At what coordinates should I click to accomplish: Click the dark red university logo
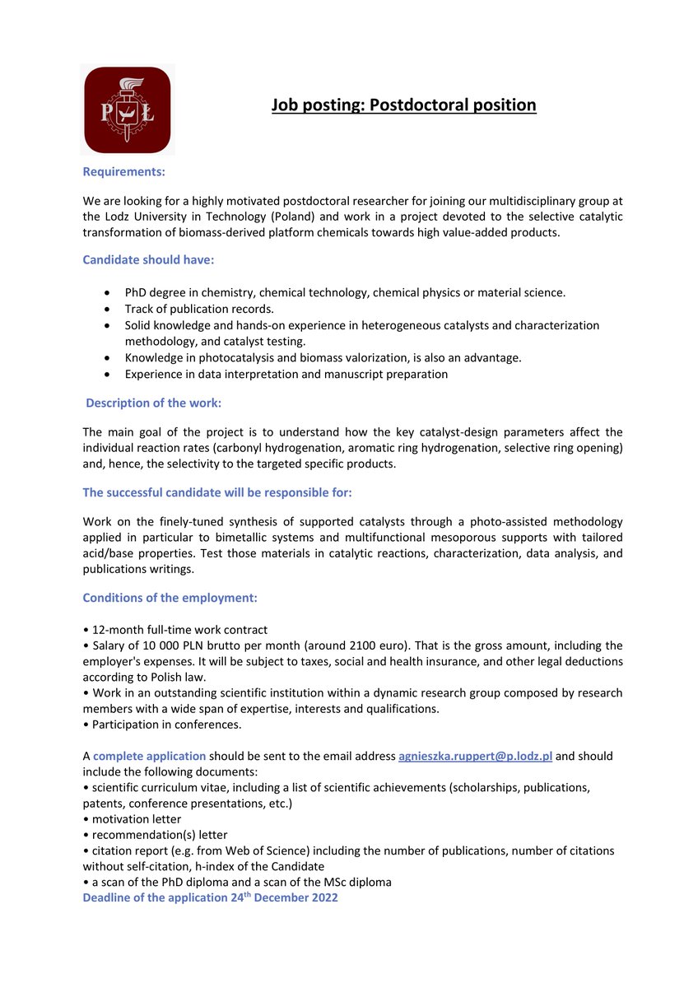[x=128, y=110]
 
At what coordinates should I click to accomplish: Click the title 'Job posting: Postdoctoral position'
[x=404, y=105]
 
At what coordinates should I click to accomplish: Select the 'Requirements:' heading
[x=124, y=172]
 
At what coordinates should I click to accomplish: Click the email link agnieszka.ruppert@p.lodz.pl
[x=475, y=756]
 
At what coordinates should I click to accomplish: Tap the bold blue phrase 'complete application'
[x=149, y=756]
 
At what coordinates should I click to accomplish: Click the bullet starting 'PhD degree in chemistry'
[x=344, y=292]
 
